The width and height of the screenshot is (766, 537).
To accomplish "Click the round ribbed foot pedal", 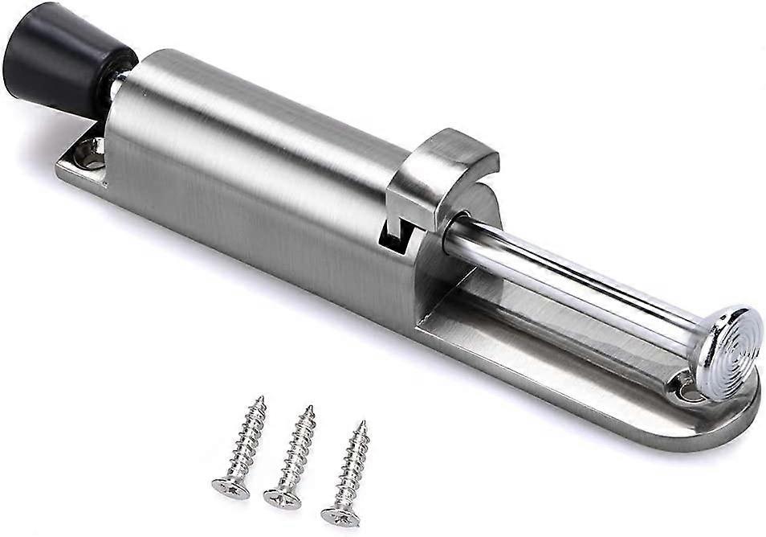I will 727,350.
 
